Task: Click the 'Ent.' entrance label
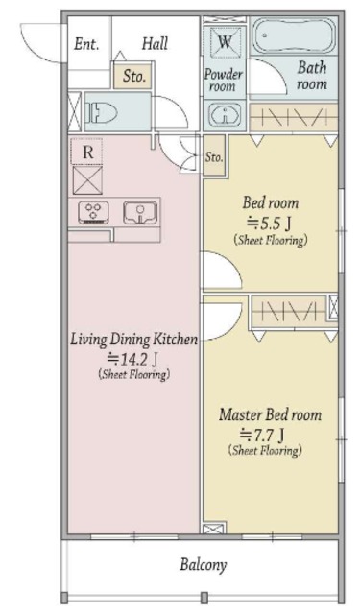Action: [x=86, y=44]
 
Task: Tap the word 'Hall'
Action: [x=156, y=43]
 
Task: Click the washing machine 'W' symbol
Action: [x=225, y=41]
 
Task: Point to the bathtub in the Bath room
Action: [x=294, y=35]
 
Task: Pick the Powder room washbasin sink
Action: [x=225, y=115]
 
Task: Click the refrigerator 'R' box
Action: [x=87, y=152]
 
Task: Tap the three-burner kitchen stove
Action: [x=94, y=213]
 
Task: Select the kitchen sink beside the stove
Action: [x=140, y=213]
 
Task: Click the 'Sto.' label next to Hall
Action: [x=133, y=76]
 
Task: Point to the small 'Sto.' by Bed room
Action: [x=214, y=157]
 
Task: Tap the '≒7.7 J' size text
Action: [x=262, y=434]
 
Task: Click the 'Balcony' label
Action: [x=204, y=565]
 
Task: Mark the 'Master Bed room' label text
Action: [x=271, y=414]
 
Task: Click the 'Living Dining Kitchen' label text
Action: [x=134, y=339]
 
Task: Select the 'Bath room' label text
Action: [x=312, y=76]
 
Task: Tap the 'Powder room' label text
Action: [x=224, y=80]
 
